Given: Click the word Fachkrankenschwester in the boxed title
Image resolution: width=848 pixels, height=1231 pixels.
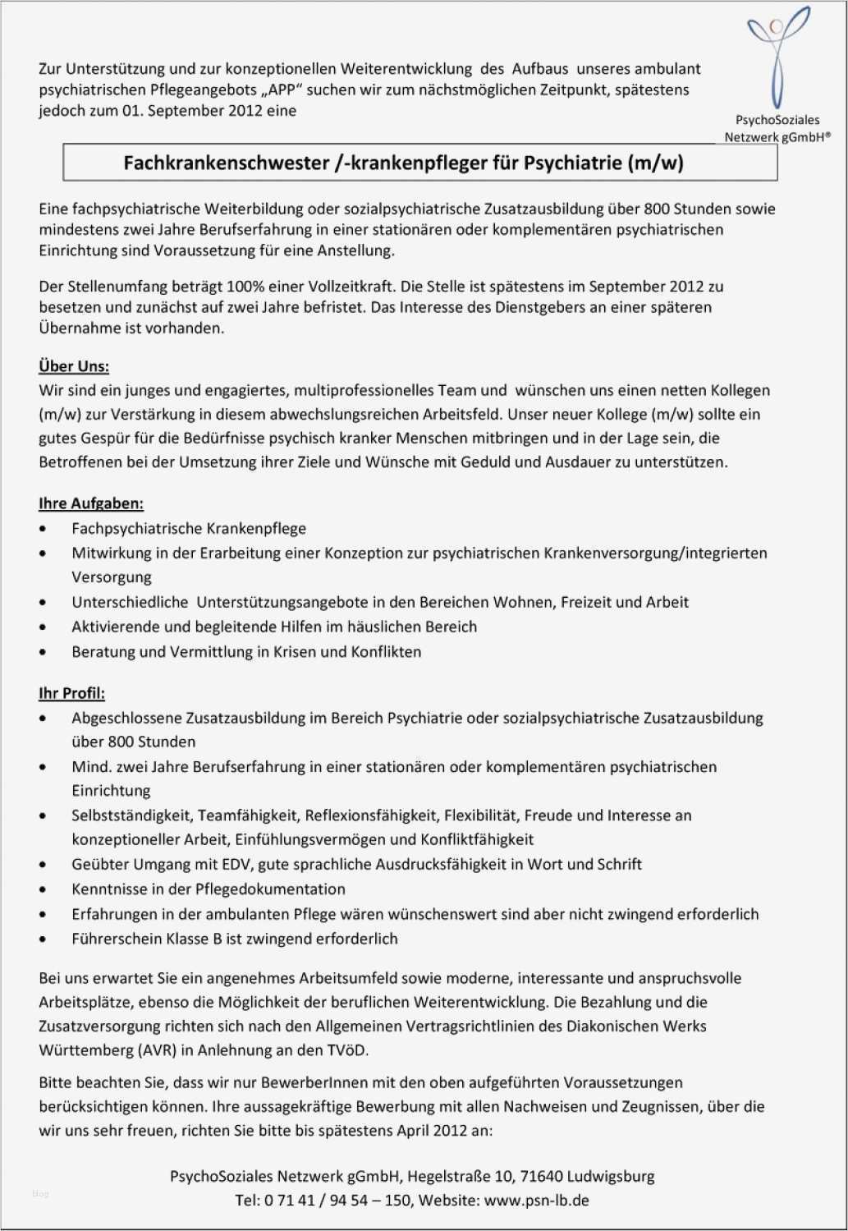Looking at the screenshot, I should point(226,163).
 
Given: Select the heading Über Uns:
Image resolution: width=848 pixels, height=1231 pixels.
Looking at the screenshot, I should point(74,366).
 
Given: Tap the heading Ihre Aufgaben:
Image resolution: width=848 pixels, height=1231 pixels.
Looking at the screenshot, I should point(91,503).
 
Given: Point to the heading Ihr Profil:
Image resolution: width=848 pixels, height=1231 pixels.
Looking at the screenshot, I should point(72,693).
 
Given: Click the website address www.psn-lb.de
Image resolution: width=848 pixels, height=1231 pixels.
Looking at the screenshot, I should point(537,1200).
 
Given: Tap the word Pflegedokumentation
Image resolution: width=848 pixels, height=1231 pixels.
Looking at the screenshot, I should point(270,889).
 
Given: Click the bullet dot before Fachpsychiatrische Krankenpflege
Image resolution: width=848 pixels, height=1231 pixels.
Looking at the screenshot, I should point(43,530).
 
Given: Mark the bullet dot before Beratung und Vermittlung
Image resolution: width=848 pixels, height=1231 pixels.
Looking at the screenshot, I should point(43,653).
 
